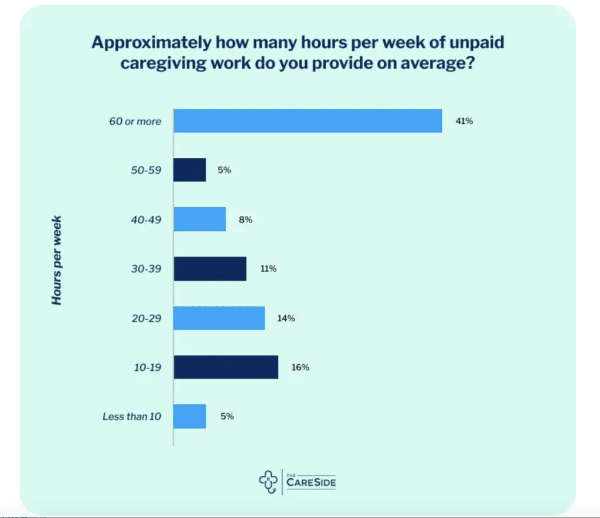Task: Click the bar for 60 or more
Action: click(308, 121)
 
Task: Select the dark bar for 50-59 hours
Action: click(190, 170)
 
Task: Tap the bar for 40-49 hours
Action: click(200, 219)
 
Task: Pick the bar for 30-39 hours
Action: click(210, 269)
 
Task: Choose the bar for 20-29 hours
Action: click(219, 318)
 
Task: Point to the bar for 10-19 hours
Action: click(226, 367)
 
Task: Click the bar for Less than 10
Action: click(190, 416)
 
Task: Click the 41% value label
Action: click(463, 121)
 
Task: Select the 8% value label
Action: click(245, 220)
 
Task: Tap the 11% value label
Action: click(268, 269)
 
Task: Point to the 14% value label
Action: click(287, 319)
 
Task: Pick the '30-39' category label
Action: click(146, 269)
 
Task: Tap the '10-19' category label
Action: click(147, 368)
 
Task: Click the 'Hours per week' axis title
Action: click(57, 261)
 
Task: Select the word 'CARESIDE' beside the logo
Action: click(312, 483)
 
